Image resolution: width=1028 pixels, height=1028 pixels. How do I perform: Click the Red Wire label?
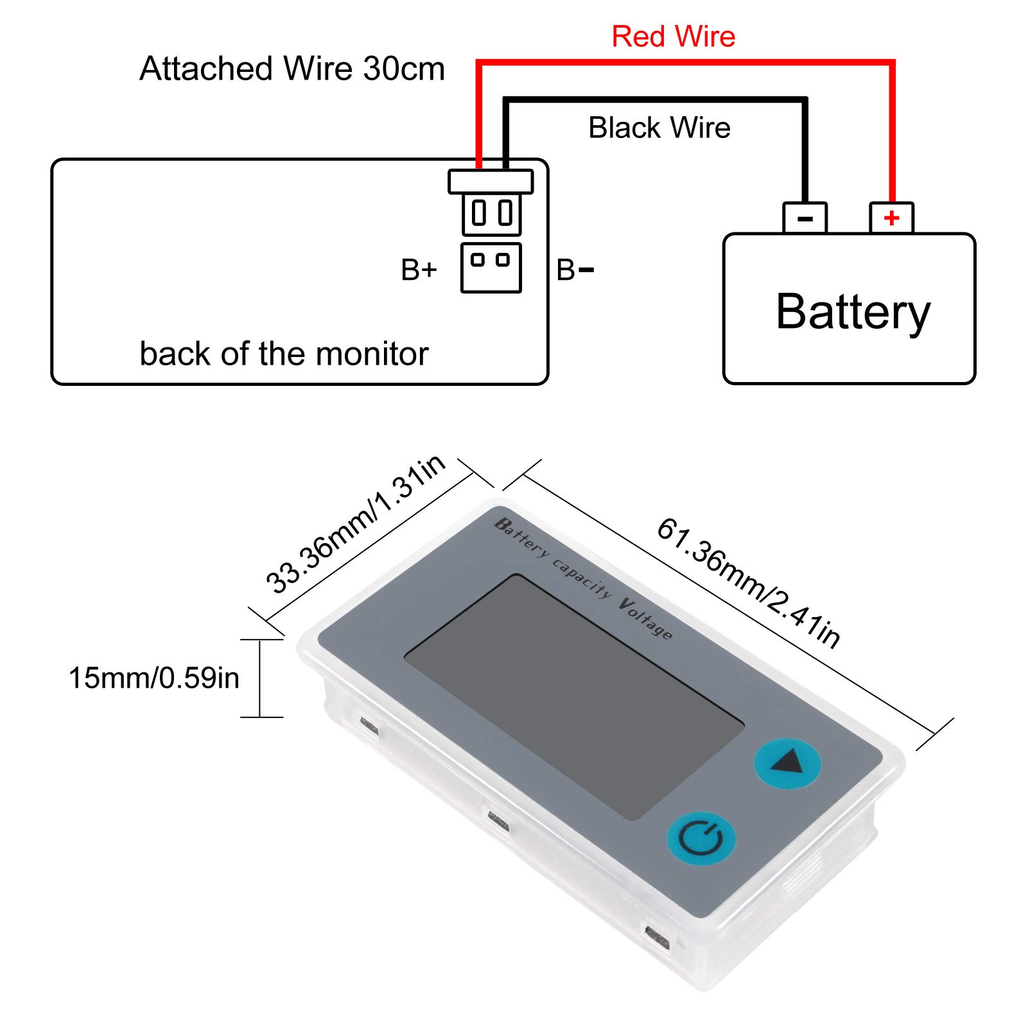coord(673,37)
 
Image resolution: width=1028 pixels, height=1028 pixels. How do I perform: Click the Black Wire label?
coord(659,128)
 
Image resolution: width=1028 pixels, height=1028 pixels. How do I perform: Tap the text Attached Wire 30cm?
coord(292,69)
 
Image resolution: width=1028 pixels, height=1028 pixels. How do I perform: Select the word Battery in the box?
coord(853,312)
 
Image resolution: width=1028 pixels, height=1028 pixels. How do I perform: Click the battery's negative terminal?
coord(805,218)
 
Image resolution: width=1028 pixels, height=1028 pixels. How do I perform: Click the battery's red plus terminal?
coord(891,218)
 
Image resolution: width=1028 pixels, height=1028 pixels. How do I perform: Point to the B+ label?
coord(419,270)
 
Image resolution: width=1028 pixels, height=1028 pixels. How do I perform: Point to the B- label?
coord(575,270)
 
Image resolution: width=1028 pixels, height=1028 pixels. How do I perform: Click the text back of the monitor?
coord(284,354)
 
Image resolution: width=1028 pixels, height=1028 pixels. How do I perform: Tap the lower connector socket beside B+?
coord(491,268)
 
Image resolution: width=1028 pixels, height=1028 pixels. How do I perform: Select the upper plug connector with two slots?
coord(491,213)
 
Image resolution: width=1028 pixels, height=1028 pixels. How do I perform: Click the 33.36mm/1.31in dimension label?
coord(355,524)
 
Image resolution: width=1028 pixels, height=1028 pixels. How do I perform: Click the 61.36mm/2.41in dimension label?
coord(749,583)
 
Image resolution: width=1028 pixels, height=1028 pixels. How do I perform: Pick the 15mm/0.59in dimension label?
coord(154,678)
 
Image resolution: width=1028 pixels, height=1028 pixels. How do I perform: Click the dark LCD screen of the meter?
coord(573,697)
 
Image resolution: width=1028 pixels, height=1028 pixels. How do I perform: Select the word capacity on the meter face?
coord(582,579)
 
